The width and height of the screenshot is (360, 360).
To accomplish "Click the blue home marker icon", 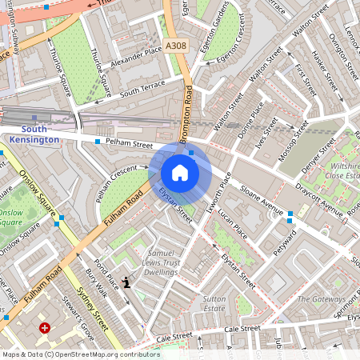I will pyautogui.click(x=180, y=173).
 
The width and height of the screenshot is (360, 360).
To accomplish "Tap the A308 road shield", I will pyautogui.click(x=177, y=47).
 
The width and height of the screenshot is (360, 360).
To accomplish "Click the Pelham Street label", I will pyautogui.click(x=130, y=145).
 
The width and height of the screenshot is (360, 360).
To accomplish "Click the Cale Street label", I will pyautogui.click(x=242, y=328).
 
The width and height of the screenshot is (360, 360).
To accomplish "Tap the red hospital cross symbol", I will pyautogui.click(x=45, y=327).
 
